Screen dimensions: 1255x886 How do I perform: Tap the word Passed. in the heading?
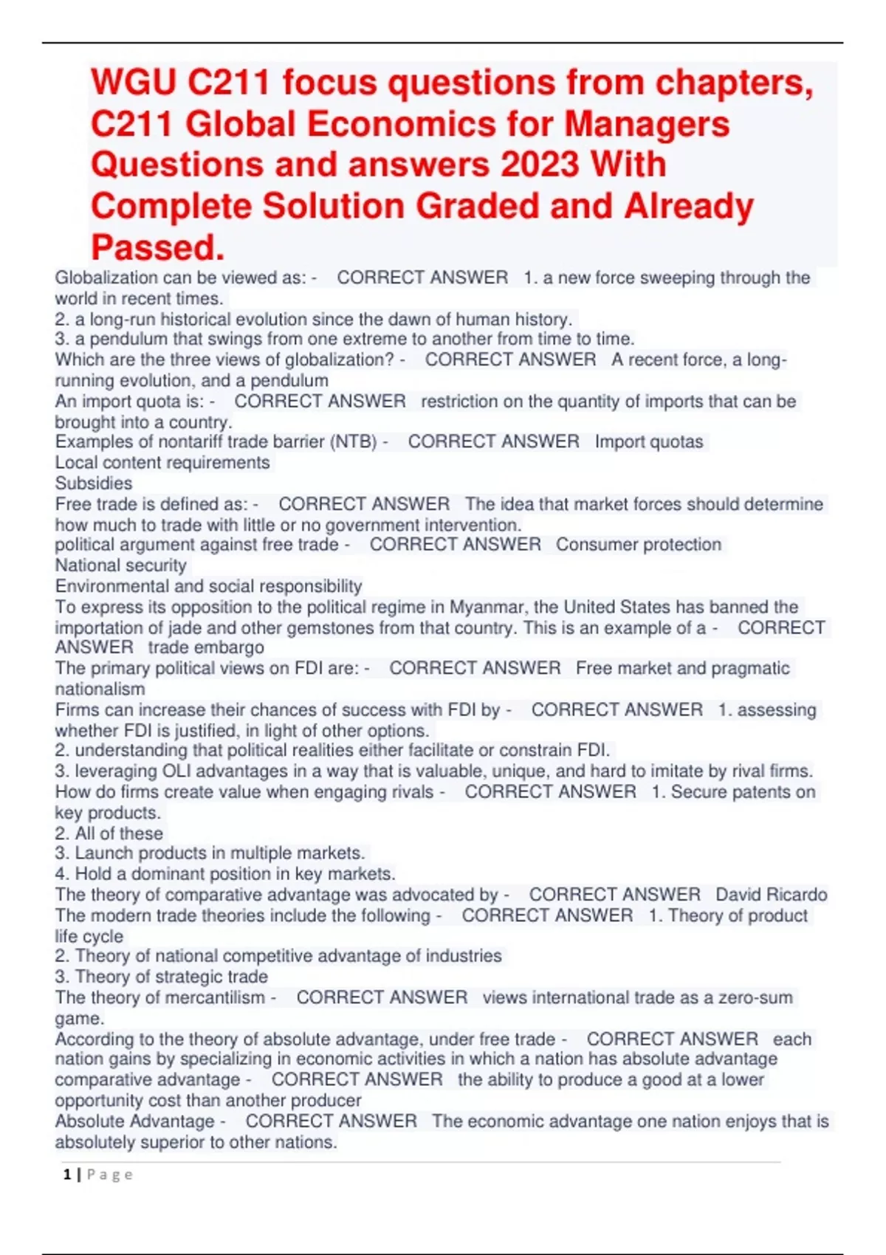tap(157, 247)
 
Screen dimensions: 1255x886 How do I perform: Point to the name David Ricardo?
tap(771, 895)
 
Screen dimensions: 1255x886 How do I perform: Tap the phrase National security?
tap(120, 565)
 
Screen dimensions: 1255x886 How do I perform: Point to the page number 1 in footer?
tap(67, 1175)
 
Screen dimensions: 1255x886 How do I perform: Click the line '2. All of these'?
tap(109, 833)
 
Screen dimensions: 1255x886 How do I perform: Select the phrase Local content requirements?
tap(162, 463)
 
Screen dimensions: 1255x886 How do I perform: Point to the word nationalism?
tap(100, 690)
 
